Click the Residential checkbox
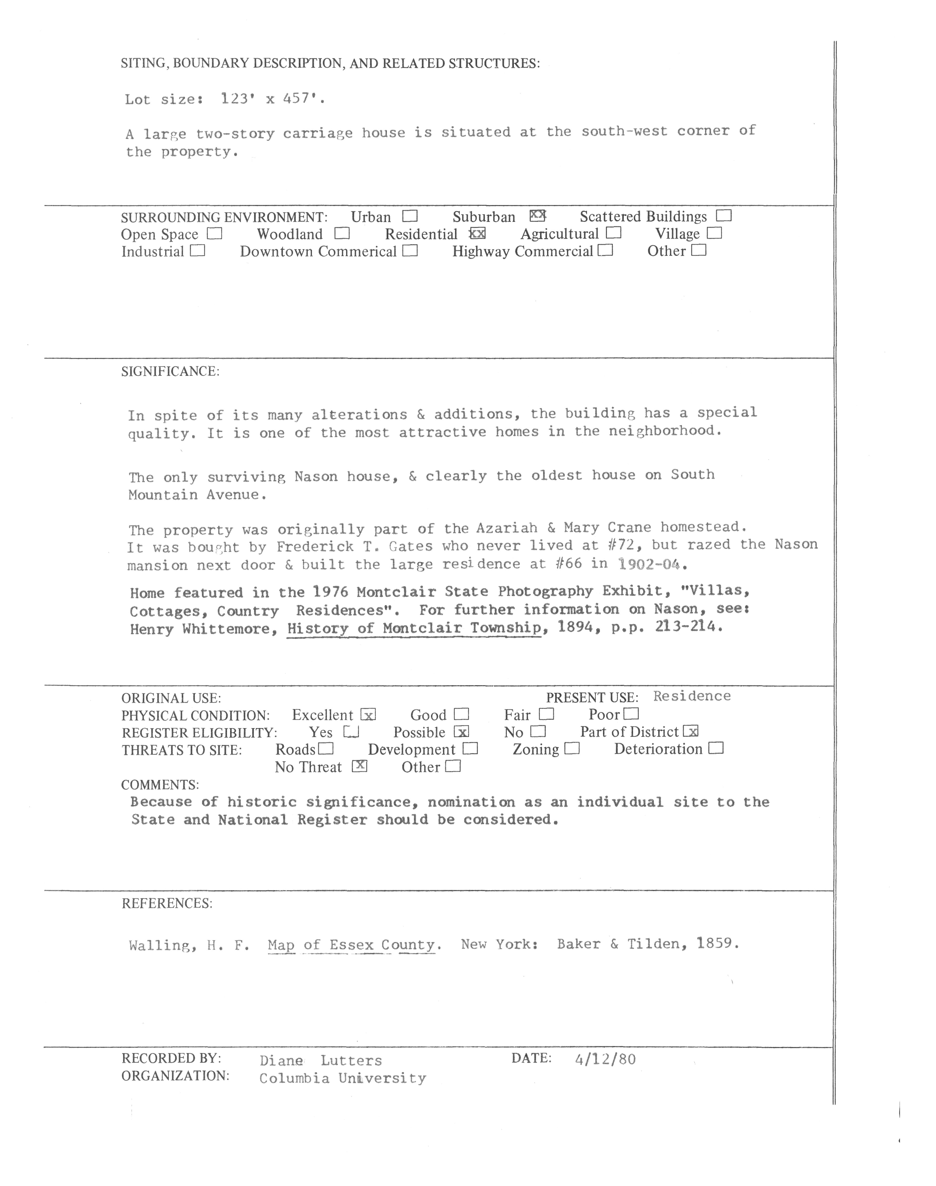(x=477, y=234)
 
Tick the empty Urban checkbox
(x=409, y=216)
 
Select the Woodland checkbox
(x=342, y=234)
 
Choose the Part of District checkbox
(x=691, y=732)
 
